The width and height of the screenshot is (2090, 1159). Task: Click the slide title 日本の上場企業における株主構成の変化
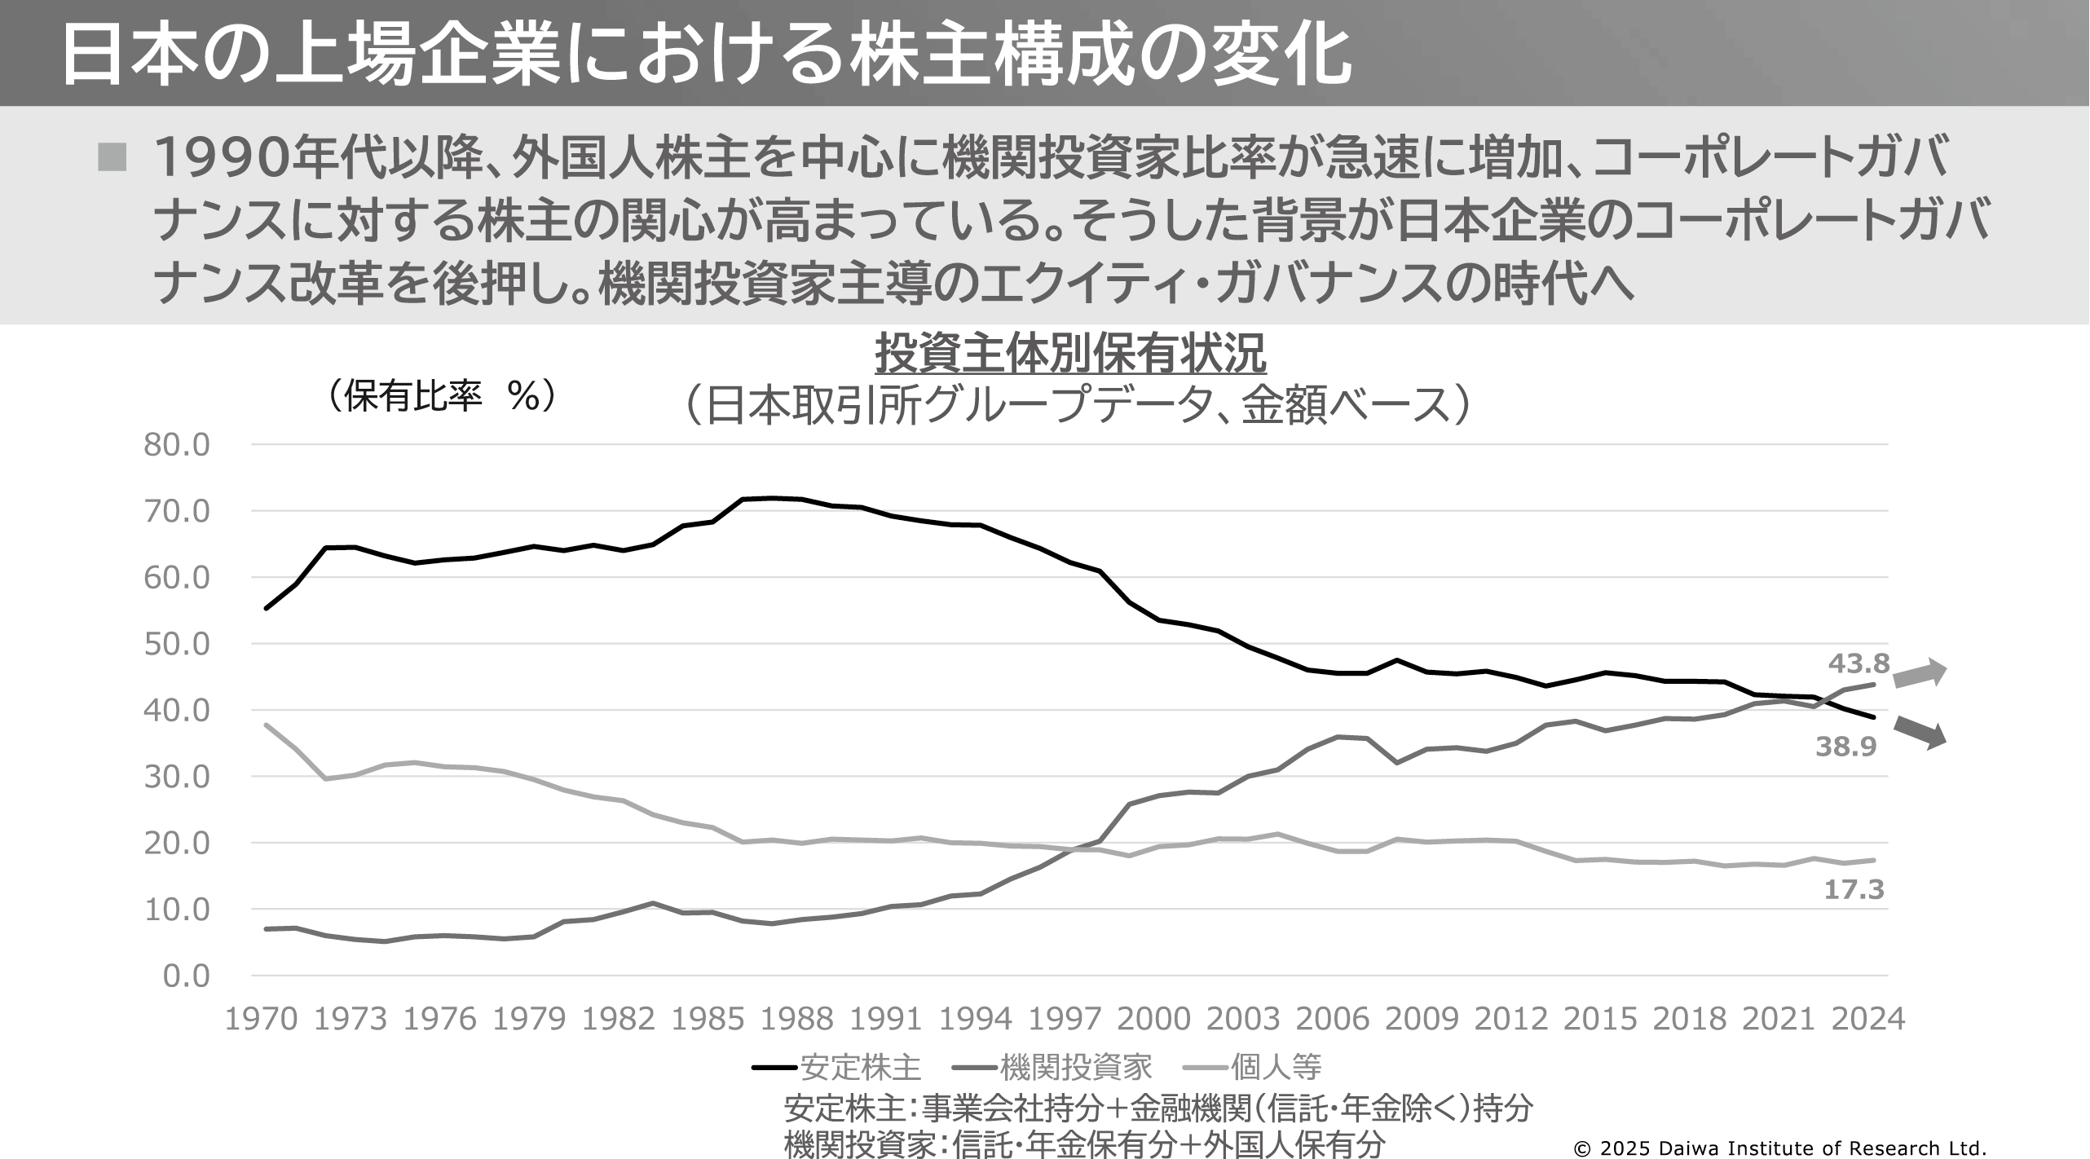tap(705, 55)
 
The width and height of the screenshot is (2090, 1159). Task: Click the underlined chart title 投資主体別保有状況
tap(1070, 355)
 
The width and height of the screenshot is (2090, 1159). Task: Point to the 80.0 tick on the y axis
tap(177, 445)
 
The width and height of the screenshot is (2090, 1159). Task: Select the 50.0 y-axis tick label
tap(177, 644)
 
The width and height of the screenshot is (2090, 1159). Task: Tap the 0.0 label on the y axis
tap(187, 976)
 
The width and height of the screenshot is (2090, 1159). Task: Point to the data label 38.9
tap(1846, 747)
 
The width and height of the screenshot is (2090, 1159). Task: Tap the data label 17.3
tap(1854, 889)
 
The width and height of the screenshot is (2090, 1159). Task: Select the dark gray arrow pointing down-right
tap(1919, 731)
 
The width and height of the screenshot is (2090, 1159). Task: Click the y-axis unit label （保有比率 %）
tap(440, 397)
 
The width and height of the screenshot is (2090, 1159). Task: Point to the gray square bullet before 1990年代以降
tap(112, 157)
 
